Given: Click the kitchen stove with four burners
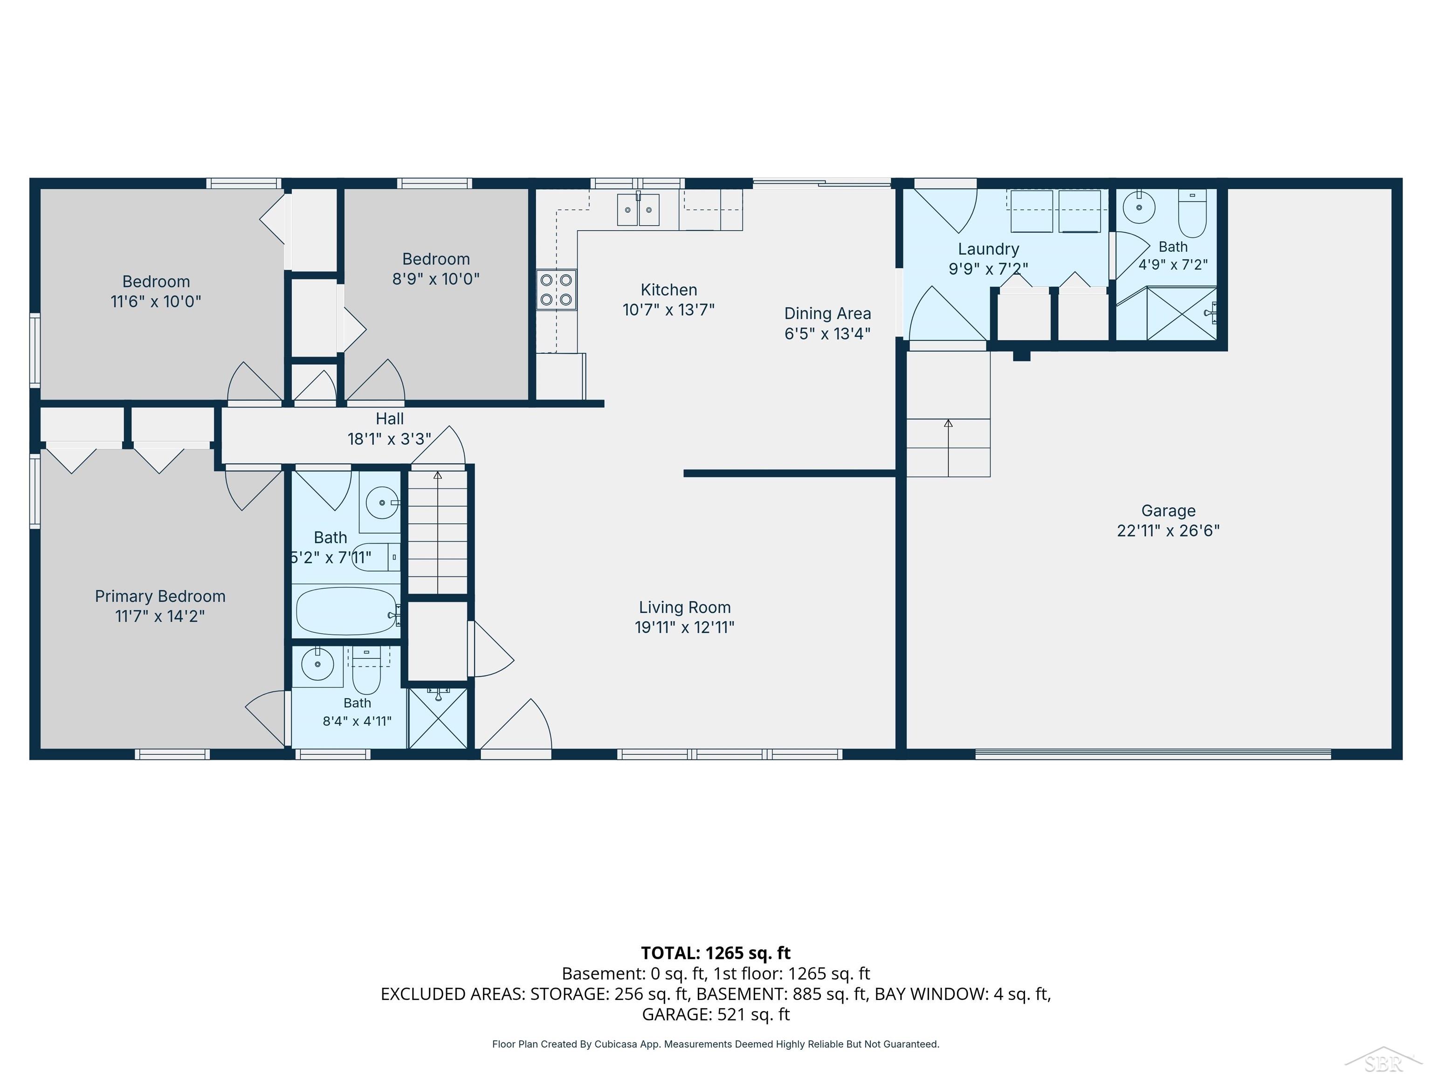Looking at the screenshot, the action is click(x=556, y=289).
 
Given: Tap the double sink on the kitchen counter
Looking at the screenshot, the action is click(x=638, y=209).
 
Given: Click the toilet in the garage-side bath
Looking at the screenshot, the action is click(x=1192, y=213).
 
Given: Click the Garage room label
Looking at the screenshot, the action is click(x=1168, y=511).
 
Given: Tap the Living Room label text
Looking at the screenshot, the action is click(x=685, y=607).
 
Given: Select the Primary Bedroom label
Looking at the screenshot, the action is click(x=160, y=596).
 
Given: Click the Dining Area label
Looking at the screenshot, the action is click(x=827, y=313).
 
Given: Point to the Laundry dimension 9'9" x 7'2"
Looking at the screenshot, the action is click(x=988, y=268).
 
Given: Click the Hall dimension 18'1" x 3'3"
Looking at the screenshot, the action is click(x=389, y=439).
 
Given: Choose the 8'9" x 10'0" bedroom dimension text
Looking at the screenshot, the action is click(x=436, y=278).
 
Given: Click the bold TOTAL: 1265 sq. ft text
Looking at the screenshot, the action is click(x=716, y=953).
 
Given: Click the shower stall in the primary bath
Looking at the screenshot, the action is click(x=438, y=718).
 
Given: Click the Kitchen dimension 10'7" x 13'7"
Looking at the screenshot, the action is click(x=669, y=310).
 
